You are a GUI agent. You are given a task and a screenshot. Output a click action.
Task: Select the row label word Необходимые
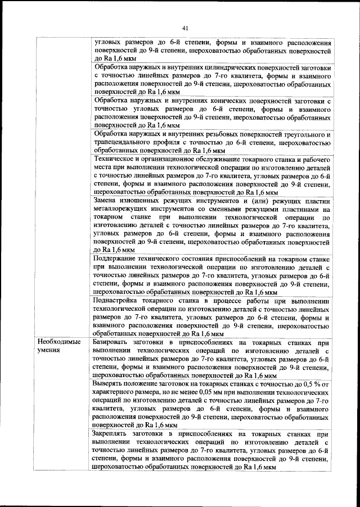pyautogui.click(x=57, y=342)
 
